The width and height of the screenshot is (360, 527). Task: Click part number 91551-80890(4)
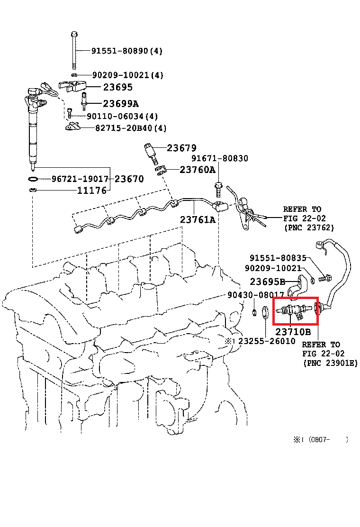(x=127, y=51)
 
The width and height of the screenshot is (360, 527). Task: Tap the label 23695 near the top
(x=118, y=87)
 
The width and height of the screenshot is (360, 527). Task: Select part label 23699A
(x=121, y=103)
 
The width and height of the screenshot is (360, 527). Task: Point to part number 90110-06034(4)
(x=122, y=116)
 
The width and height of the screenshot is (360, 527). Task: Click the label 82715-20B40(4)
(x=131, y=128)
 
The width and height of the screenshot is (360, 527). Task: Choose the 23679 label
(x=182, y=148)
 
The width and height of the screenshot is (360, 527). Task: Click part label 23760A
(x=198, y=170)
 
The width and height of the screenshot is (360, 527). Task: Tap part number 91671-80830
(x=220, y=158)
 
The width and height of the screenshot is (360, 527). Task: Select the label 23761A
(x=198, y=220)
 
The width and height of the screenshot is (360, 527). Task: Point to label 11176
(x=92, y=191)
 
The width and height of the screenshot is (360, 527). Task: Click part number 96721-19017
(x=80, y=179)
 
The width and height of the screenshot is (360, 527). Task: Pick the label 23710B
(x=293, y=332)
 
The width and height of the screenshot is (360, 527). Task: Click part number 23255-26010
(x=267, y=341)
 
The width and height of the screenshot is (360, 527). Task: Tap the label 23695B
(x=267, y=282)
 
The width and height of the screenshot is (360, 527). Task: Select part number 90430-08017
(x=256, y=295)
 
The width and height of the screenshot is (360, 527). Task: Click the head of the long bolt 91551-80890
(x=74, y=34)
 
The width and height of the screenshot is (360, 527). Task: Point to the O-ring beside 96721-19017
(x=33, y=179)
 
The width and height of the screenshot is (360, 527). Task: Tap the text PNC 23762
(x=309, y=228)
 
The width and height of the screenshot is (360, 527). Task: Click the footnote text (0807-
(x=319, y=440)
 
